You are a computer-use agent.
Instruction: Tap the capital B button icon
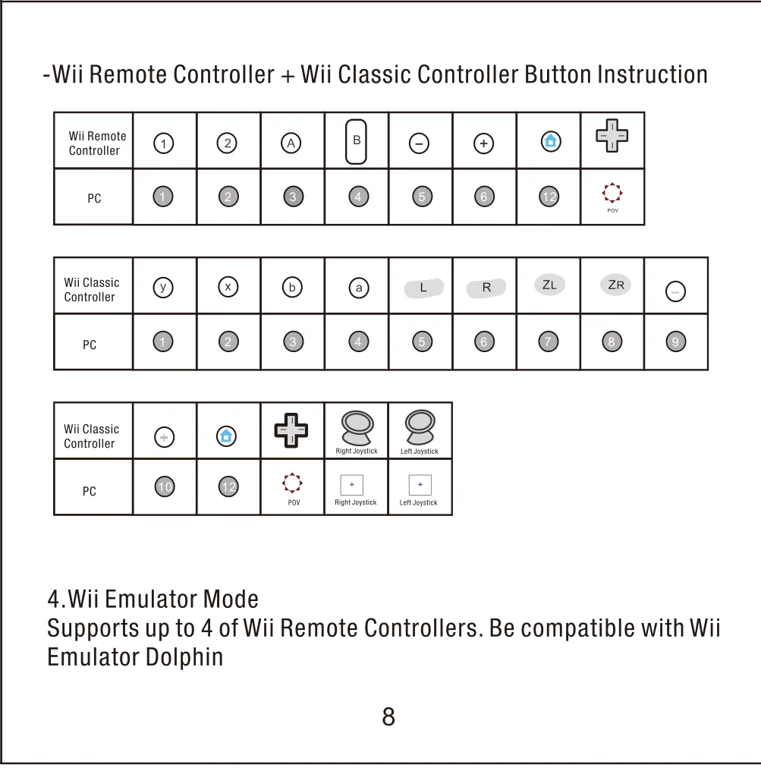point(356,141)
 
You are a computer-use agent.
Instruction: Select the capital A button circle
point(291,143)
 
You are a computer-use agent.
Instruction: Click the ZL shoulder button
point(549,285)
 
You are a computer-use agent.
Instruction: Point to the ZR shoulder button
point(615,285)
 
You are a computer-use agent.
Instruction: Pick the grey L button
point(423,288)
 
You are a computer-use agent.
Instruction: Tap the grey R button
point(486,288)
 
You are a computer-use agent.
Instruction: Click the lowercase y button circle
point(162,288)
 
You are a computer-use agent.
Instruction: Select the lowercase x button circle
point(228,288)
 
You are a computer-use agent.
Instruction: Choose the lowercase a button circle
point(359,288)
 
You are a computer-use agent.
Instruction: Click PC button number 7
point(548,342)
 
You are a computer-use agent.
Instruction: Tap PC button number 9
point(675,342)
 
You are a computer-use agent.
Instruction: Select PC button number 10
point(164,487)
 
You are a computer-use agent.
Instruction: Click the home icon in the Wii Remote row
point(551,141)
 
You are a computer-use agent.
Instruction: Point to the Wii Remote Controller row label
point(97,143)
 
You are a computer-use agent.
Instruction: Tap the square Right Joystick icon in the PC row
point(352,485)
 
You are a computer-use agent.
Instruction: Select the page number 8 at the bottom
point(388,716)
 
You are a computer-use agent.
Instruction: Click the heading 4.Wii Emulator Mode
point(153,600)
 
